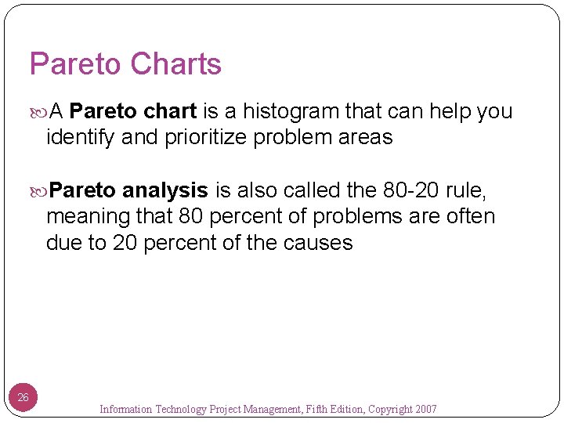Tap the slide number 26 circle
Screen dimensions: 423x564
[x=23, y=398]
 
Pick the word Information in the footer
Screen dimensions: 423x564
[x=126, y=409]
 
